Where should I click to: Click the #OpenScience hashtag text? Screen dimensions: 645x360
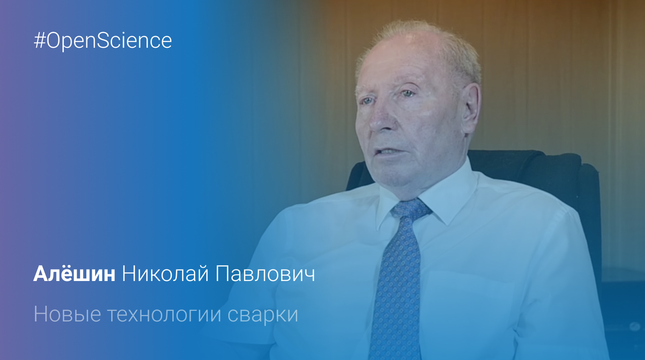(103, 41)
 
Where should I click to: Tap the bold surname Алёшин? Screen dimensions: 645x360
(74, 273)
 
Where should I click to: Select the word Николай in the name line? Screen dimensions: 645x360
(165, 273)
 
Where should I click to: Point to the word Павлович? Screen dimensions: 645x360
(265, 274)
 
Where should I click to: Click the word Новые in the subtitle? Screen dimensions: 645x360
(68, 314)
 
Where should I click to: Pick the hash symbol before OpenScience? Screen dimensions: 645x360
(40, 41)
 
